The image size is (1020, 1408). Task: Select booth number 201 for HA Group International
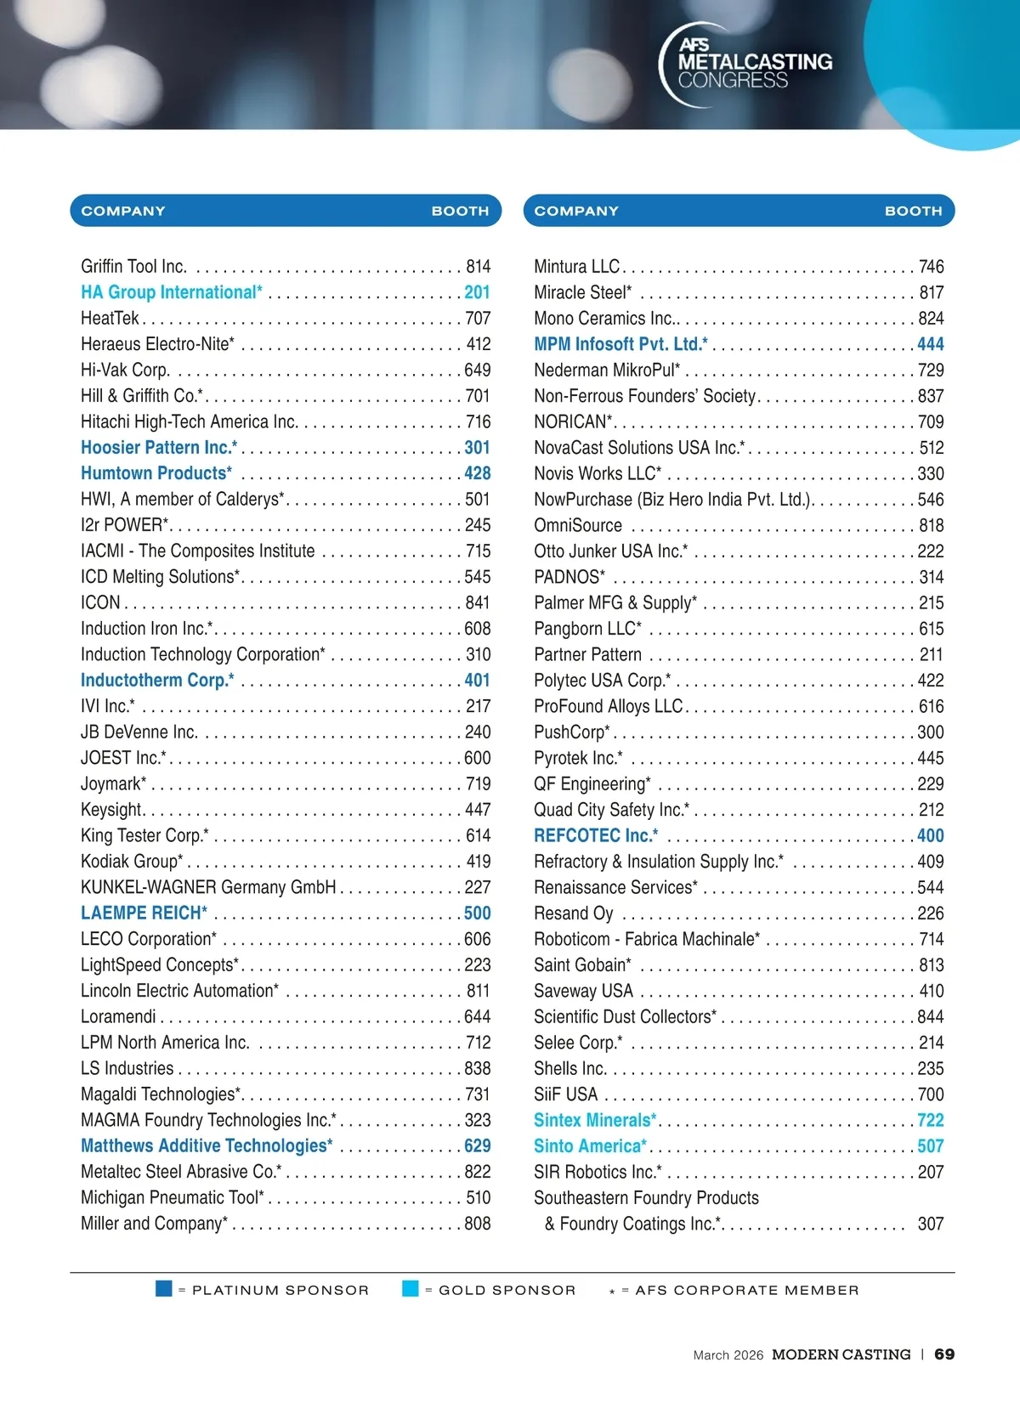(x=477, y=292)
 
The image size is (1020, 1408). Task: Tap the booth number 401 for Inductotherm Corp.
(x=477, y=681)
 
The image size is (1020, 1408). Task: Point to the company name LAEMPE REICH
(x=144, y=913)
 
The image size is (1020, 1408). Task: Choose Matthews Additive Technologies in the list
(x=207, y=1146)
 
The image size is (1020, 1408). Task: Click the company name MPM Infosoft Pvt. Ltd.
(x=620, y=344)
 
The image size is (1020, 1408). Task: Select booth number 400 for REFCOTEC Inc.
(x=930, y=836)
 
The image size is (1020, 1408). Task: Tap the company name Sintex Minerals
(x=595, y=1121)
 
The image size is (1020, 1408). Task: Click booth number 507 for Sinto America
(x=930, y=1146)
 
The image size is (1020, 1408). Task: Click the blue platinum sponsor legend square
(x=164, y=1289)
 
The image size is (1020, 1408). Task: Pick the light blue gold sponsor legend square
(x=411, y=1289)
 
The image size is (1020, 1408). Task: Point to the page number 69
(x=944, y=1354)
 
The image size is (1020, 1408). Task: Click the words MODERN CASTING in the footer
(x=841, y=1354)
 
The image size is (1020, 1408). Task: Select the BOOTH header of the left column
(x=460, y=212)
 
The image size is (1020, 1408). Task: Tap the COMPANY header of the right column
(x=576, y=212)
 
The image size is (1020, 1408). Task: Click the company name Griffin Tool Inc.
(x=133, y=267)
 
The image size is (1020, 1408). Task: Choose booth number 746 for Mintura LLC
(x=931, y=267)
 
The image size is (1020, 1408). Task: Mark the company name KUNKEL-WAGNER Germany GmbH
(x=208, y=888)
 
